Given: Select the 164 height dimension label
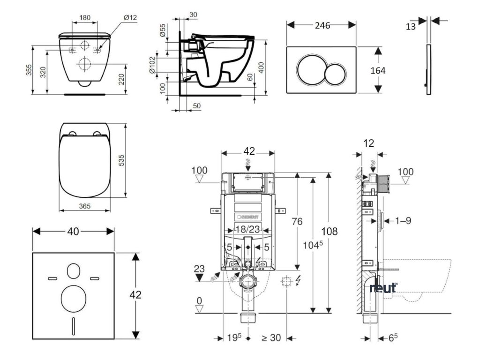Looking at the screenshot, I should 377,70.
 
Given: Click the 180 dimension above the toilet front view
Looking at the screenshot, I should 85,18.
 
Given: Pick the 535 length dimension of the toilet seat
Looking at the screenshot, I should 133,160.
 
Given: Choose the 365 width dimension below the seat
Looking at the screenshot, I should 85,206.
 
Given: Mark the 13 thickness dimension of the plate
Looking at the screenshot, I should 411,27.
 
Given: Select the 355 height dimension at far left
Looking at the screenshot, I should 29,70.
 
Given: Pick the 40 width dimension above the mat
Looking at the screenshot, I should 73,231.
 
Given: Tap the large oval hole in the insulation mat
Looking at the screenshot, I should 74,297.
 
